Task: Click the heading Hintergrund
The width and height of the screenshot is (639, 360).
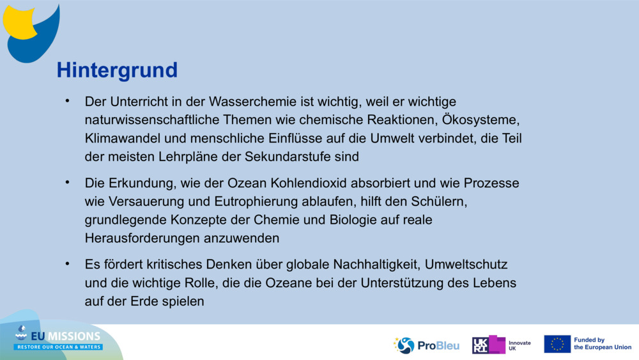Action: pos(117,70)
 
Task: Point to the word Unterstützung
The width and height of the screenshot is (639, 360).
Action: pos(408,283)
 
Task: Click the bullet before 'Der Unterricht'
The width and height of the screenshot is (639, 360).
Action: pos(66,101)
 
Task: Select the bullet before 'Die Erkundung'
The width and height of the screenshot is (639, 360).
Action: pos(66,183)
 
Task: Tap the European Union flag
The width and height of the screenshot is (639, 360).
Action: pos(557,344)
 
